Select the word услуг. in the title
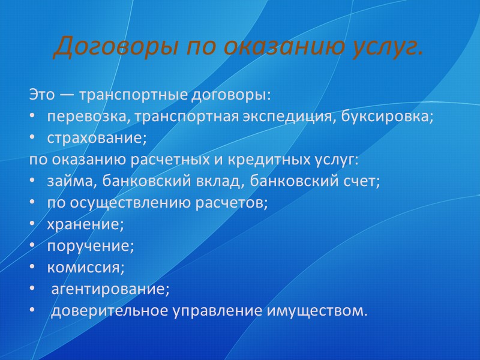[x=381, y=47]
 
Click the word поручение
[x=91, y=246]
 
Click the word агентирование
[x=110, y=289]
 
